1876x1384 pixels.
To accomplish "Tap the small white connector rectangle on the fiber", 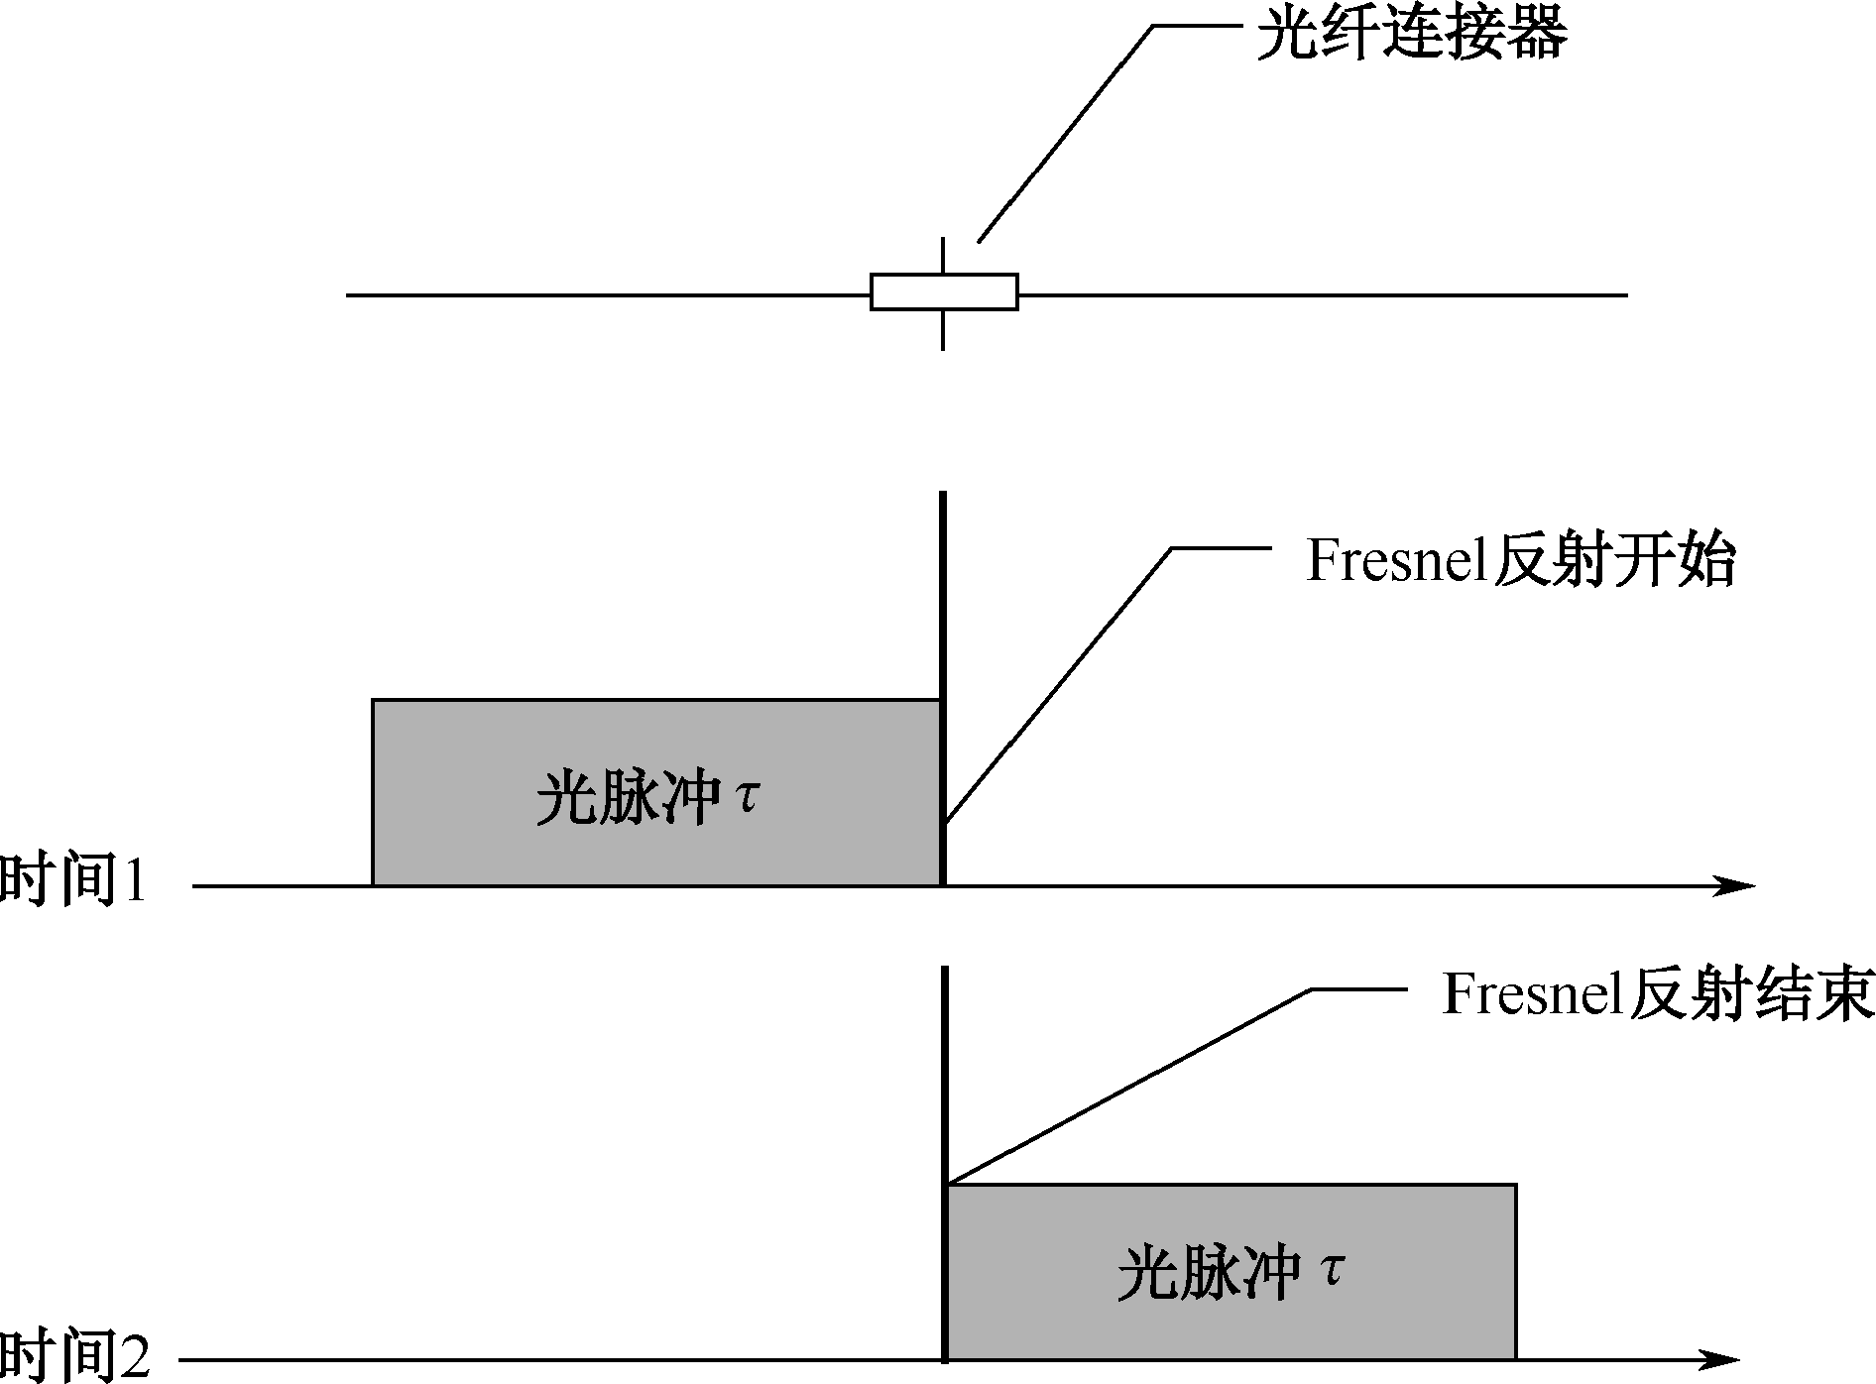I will (x=944, y=291).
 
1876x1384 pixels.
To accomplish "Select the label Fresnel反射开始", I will (x=1520, y=562).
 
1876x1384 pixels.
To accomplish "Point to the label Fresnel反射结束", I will (x=1657, y=994).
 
